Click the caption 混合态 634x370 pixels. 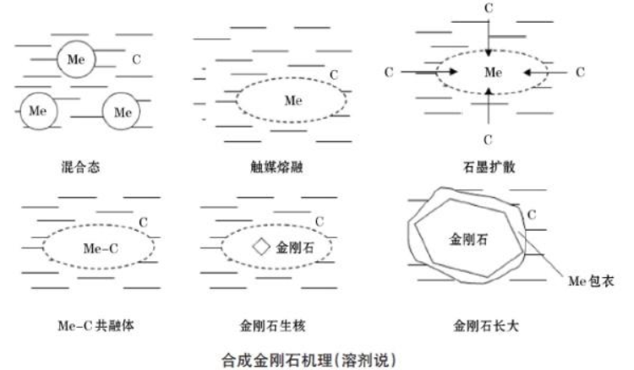[80, 166]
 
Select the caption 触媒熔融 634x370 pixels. [276, 166]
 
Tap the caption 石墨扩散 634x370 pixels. [489, 166]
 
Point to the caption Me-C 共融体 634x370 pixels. [96, 325]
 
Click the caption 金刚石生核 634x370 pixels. [273, 325]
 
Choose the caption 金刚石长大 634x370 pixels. [485, 325]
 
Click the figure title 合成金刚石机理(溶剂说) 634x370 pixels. [309, 360]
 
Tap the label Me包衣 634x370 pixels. [591, 281]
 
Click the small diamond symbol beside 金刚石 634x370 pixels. [261, 247]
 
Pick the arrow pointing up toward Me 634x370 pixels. [489, 106]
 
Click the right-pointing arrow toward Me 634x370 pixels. [429, 73]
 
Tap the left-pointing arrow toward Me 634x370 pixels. [544, 73]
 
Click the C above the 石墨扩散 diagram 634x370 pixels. [489, 8]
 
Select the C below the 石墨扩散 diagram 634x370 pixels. [488, 139]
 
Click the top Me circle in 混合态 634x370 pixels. [76, 59]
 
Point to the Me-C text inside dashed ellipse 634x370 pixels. [101, 248]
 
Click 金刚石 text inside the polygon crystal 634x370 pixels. [468, 240]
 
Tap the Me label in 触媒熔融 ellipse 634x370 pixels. [293, 101]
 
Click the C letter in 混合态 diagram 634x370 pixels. [136, 60]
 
